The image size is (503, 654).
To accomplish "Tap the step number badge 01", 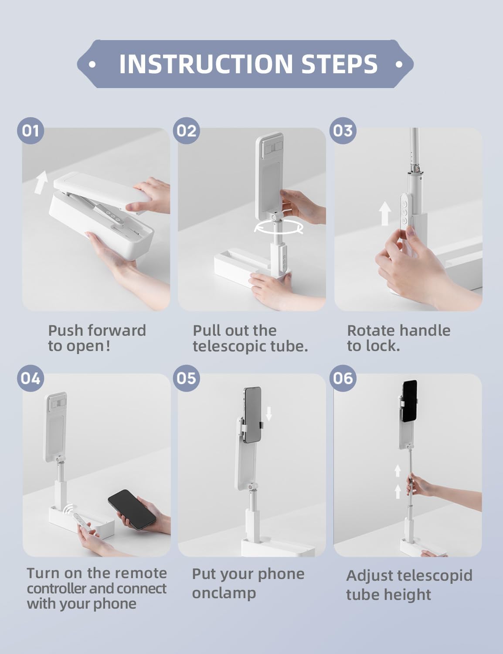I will (x=31, y=130).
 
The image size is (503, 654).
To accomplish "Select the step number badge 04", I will (x=31, y=378).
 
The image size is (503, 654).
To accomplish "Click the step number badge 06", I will (x=343, y=378).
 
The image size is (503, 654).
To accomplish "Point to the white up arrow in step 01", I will (x=41, y=182).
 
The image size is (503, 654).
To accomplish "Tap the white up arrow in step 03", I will (x=385, y=214).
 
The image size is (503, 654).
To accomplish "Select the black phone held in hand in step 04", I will (x=132, y=509).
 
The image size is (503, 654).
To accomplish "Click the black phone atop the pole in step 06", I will (x=410, y=401).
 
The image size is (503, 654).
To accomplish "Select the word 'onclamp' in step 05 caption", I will (x=224, y=593).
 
